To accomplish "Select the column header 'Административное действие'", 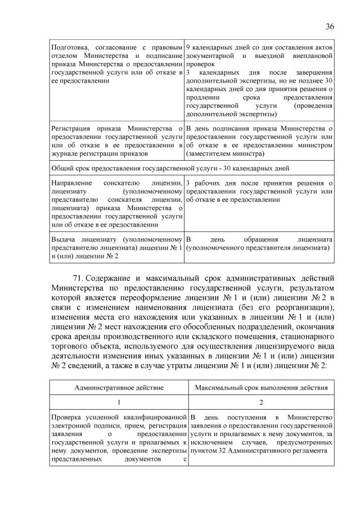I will [118, 387].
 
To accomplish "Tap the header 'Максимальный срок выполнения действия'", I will [261, 387].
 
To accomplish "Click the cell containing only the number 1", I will [118, 402].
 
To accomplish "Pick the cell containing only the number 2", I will [261, 402].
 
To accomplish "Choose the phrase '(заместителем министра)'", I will [224, 153].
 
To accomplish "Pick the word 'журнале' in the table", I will [65, 153].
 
